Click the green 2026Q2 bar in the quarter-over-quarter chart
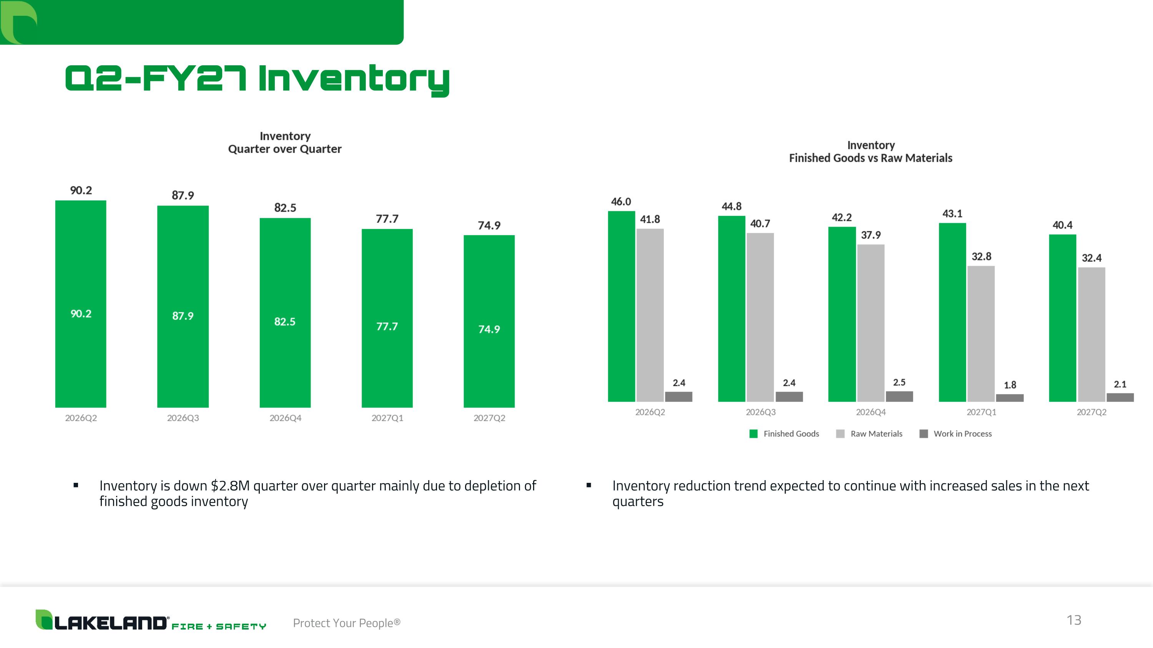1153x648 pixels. [81, 304]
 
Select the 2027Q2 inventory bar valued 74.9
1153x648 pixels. [489, 321]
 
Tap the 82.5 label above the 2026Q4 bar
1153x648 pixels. [285, 207]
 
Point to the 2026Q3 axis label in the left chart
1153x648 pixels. [183, 418]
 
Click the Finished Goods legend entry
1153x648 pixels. [784, 434]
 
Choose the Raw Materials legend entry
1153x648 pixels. [869, 434]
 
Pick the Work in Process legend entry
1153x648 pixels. [955, 434]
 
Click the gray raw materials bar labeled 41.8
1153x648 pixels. [650, 315]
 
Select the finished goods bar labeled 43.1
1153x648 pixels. [952, 312]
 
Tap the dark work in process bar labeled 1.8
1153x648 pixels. [1010, 398]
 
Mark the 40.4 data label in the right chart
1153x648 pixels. [1062, 225]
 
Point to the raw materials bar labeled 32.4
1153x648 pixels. [1091, 335]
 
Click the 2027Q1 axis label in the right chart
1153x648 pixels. [981, 412]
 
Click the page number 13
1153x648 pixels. [1074, 620]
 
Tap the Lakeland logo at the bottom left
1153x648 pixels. [151, 620]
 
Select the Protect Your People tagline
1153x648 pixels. [346, 623]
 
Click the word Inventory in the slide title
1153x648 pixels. [354, 79]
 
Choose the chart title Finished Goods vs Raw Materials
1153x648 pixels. [871, 158]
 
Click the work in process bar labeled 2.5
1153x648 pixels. [899, 396]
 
